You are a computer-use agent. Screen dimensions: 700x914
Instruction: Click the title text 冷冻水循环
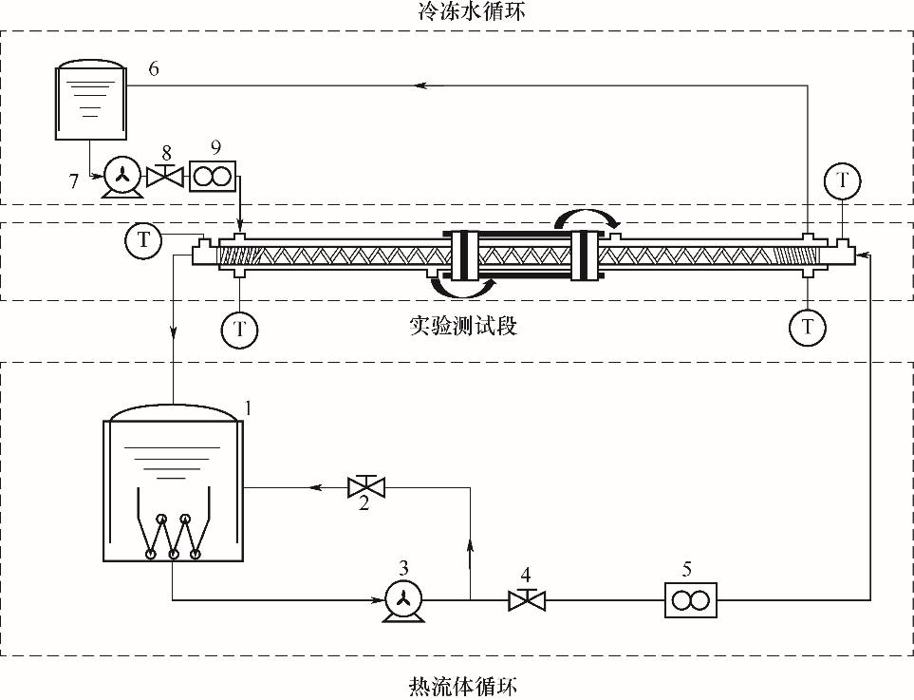pyautogui.click(x=457, y=12)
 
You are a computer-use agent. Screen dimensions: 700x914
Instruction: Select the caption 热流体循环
pyautogui.click(x=457, y=686)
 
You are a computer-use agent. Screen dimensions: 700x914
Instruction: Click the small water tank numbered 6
pyautogui.click(x=89, y=103)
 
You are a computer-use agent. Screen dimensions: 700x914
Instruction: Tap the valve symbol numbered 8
pyautogui.click(x=168, y=177)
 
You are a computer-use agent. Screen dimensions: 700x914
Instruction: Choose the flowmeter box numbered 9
pyautogui.click(x=214, y=177)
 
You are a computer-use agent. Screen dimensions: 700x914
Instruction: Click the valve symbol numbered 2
pyautogui.click(x=365, y=487)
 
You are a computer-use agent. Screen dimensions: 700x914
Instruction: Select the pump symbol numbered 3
pyautogui.click(x=402, y=599)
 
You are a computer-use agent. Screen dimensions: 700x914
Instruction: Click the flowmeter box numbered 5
pyautogui.click(x=688, y=599)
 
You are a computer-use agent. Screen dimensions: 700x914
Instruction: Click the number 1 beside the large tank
pyautogui.click(x=248, y=407)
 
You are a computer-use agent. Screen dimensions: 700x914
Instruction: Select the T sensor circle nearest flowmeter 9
pyautogui.click(x=143, y=239)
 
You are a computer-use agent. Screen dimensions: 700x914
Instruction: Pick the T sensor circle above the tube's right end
pyautogui.click(x=841, y=180)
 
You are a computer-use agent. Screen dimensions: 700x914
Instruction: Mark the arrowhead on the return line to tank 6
pyautogui.click(x=420, y=85)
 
